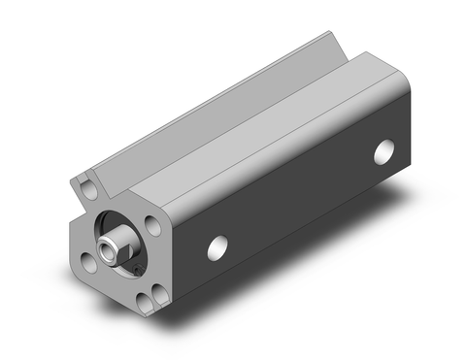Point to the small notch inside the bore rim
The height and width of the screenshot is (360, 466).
(x=140, y=260)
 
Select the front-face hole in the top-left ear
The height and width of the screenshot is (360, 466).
(x=89, y=181)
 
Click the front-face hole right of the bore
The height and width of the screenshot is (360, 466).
(x=152, y=225)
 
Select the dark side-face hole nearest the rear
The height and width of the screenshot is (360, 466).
(x=385, y=151)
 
